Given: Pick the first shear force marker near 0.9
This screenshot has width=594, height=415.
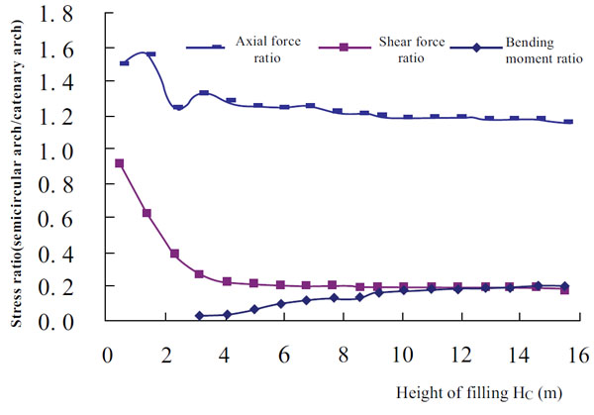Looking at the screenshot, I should [120, 163].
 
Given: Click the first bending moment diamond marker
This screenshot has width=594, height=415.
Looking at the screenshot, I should [200, 316].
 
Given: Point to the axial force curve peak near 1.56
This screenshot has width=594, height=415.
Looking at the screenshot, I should [150, 54].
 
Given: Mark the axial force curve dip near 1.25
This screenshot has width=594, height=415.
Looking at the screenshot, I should [178, 107].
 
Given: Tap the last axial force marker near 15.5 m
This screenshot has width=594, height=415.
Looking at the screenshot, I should [567, 122].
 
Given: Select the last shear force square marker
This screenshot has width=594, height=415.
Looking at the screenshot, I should [565, 290].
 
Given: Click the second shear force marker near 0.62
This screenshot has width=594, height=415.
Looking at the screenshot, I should [147, 213].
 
